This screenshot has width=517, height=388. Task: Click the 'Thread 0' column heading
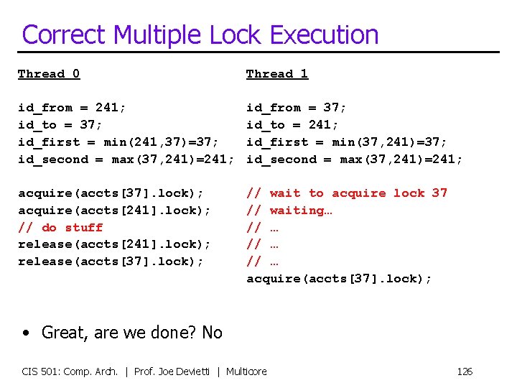pyautogui.click(x=49, y=73)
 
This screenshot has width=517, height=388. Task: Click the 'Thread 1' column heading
pyautogui.click(x=277, y=73)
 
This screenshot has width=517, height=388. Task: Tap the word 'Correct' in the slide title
pyautogui.click(x=63, y=34)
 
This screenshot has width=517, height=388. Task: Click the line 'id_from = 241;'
pyautogui.click(x=72, y=108)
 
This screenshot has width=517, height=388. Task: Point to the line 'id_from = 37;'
pyautogui.click(x=297, y=108)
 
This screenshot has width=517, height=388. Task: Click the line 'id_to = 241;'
pyautogui.click(x=292, y=125)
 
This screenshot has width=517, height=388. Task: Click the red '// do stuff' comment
pyautogui.click(x=60, y=228)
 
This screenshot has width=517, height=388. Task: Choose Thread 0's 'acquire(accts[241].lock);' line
pyautogui.click(x=114, y=211)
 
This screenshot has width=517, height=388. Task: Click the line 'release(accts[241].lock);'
pyautogui.click(x=114, y=245)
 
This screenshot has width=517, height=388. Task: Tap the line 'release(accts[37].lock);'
pyautogui.click(x=110, y=262)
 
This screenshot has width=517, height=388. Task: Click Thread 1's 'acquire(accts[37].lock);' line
pyautogui.click(x=339, y=279)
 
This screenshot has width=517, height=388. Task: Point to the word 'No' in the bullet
pyautogui.click(x=212, y=333)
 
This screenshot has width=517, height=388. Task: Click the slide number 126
pyautogui.click(x=465, y=371)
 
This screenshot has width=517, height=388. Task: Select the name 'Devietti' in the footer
pyautogui.click(x=194, y=371)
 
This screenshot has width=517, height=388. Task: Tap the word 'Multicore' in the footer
pyautogui.click(x=246, y=371)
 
